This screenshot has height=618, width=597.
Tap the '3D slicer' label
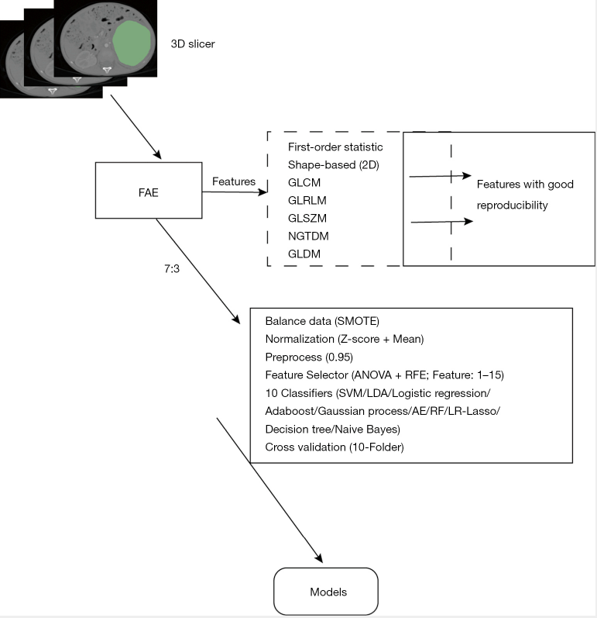[x=193, y=44]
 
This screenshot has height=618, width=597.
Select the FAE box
[x=148, y=190]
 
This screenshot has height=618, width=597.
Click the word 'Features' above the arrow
[x=234, y=181]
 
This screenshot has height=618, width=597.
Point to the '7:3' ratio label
[x=164, y=271]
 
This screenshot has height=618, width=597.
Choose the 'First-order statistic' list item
[x=330, y=147]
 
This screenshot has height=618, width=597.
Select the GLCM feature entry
[x=301, y=182]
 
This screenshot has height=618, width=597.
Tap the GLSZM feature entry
[x=304, y=217]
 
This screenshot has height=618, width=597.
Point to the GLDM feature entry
[x=301, y=253]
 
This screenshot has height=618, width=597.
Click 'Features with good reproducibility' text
[x=523, y=195]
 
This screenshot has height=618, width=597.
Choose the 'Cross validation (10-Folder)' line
[x=334, y=447]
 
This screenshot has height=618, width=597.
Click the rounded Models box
[x=328, y=591]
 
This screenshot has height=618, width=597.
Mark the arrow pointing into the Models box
[x=269, y=489]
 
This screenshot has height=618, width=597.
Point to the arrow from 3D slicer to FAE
[x=135, y=126]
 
